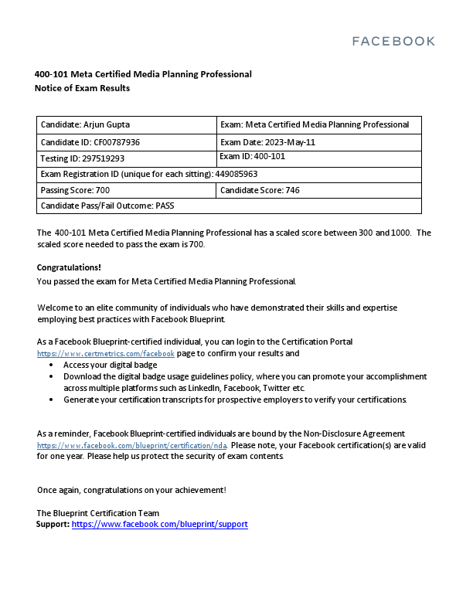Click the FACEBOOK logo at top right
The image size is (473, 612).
pyautogui.click(x=393, y=41)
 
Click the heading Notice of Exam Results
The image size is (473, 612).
pyautogui.click(x=82, y=88)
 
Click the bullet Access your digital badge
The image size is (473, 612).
pyautogui.click(x=110, y=365)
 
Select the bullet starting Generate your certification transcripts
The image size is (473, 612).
pyautogui.click(x=234, y=399)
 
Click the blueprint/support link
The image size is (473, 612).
pyautogui.click(x=159, y=524)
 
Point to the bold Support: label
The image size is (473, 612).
pyautogui.click(x=53, y=524)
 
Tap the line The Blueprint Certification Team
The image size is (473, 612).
pyautogui.click(x=98, y=513)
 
